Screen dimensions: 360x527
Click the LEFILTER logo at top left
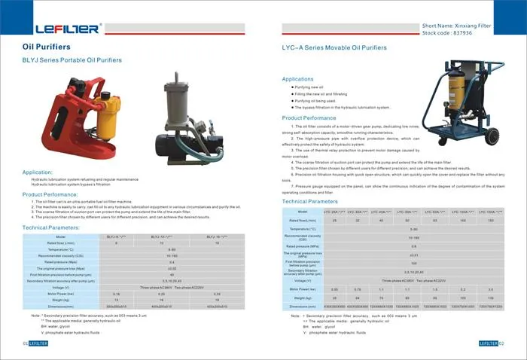(x=67, y=29)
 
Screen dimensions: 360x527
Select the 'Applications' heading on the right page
(x=297, y=78)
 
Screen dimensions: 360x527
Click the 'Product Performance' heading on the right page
(x=309, y=118)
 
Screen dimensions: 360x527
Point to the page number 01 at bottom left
(x=25, y=343)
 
